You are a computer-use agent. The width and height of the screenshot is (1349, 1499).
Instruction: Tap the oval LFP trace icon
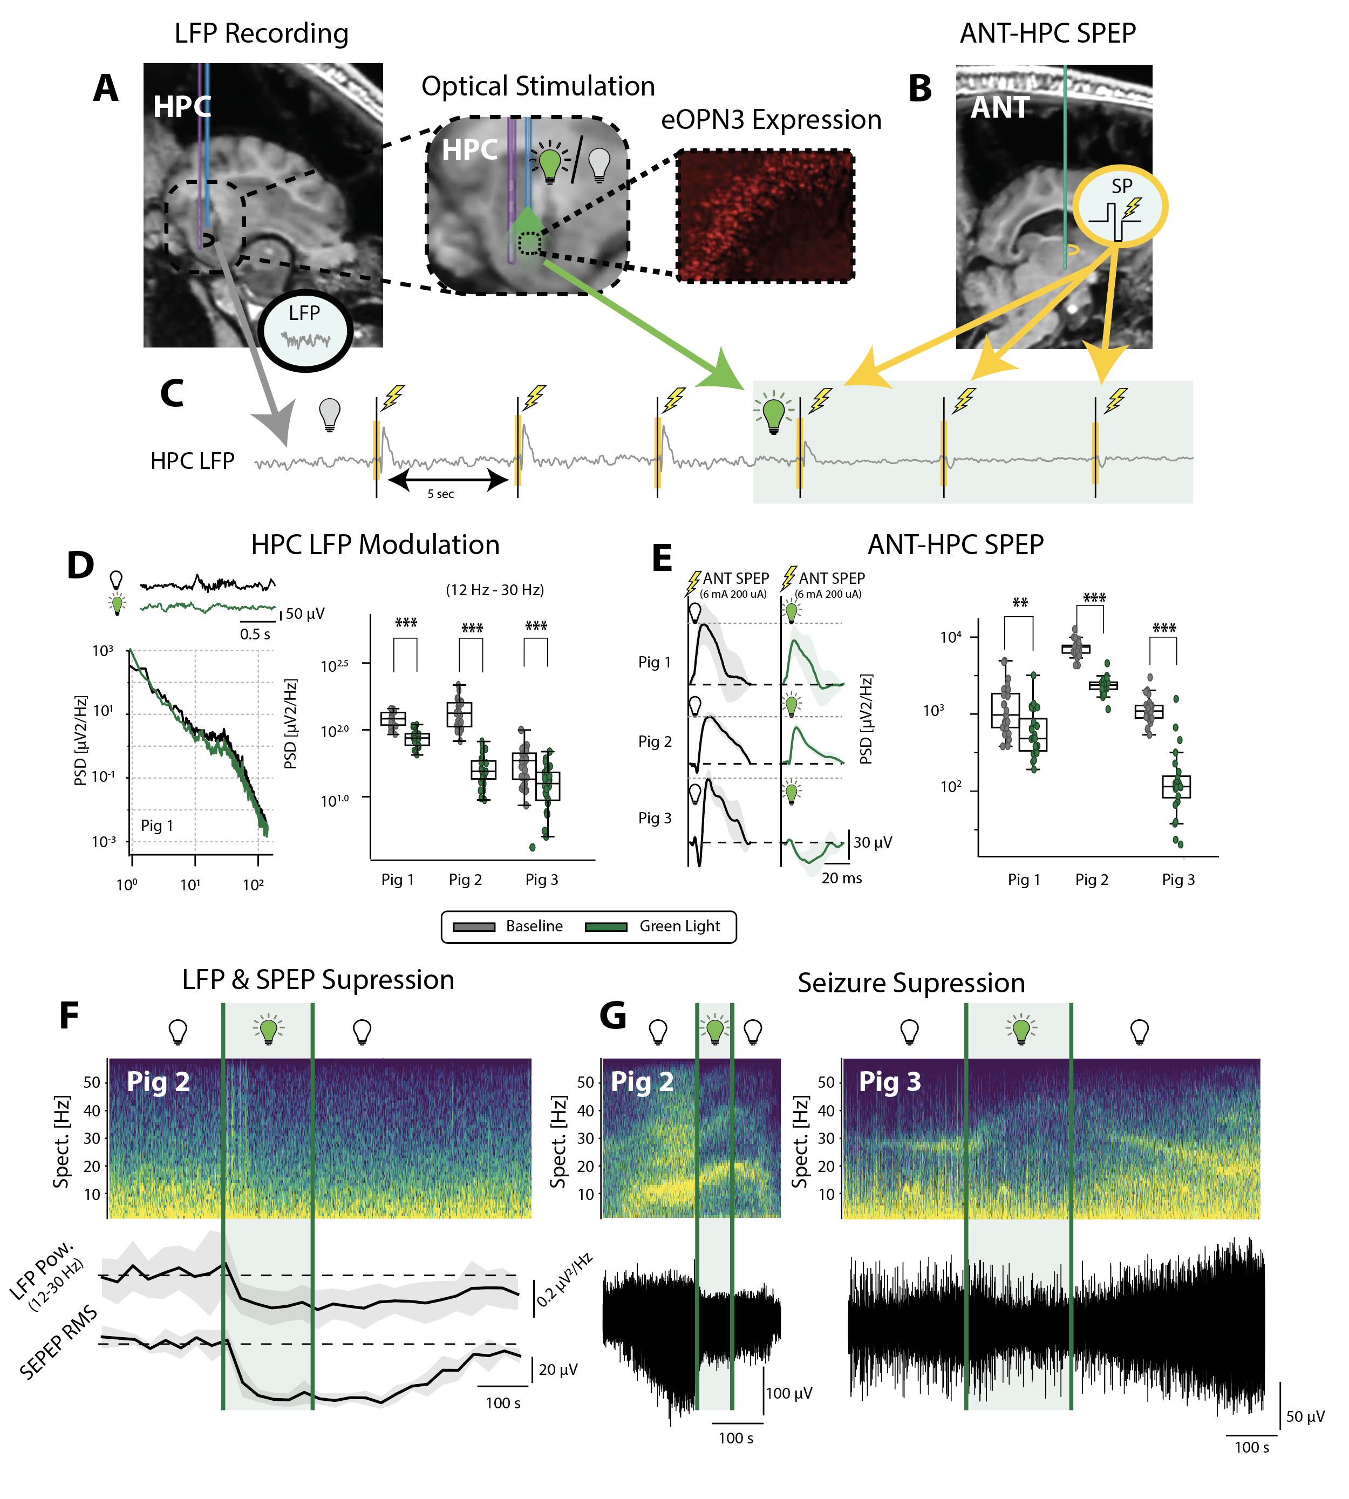pos(305,329)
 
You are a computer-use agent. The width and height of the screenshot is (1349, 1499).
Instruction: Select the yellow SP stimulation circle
pos(1120,206)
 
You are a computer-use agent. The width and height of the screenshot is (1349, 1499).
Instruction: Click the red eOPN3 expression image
pos(765,215)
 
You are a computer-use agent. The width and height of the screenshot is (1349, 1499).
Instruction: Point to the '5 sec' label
pos(440,494)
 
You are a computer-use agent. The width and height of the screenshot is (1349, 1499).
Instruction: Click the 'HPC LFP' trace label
pos(192,461)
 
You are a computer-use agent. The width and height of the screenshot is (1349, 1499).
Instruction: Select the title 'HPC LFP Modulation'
pos(375,545)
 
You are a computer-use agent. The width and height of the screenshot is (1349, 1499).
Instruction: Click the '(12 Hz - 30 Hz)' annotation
pos(494,590)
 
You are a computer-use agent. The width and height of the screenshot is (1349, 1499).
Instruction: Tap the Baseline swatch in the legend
pos(474,926)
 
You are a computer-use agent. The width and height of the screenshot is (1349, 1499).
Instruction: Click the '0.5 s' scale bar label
pos(255,635)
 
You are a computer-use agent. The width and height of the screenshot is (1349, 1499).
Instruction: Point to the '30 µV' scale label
pos(873,842)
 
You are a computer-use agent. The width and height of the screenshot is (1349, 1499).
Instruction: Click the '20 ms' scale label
pos(841,878)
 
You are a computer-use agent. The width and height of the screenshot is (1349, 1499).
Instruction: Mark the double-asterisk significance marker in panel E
pos(1020,603)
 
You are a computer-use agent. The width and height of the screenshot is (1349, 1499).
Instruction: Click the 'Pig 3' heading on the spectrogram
pos(889,1082)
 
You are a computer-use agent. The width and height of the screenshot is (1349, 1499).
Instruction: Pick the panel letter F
pos(69,1016)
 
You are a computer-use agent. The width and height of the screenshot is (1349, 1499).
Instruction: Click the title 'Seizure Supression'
pos(911,983)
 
